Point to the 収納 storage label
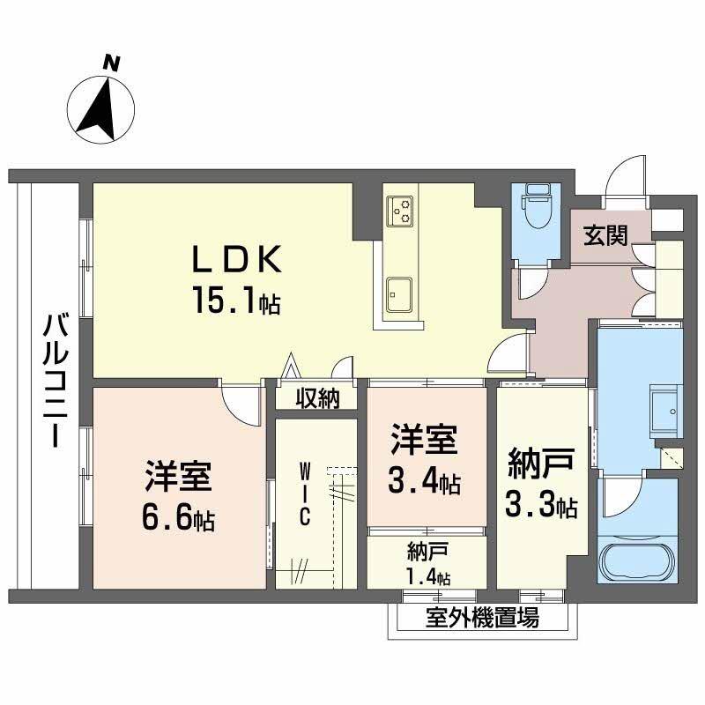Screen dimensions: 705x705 pos(317,398)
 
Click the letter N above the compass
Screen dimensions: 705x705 pos(111,63)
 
